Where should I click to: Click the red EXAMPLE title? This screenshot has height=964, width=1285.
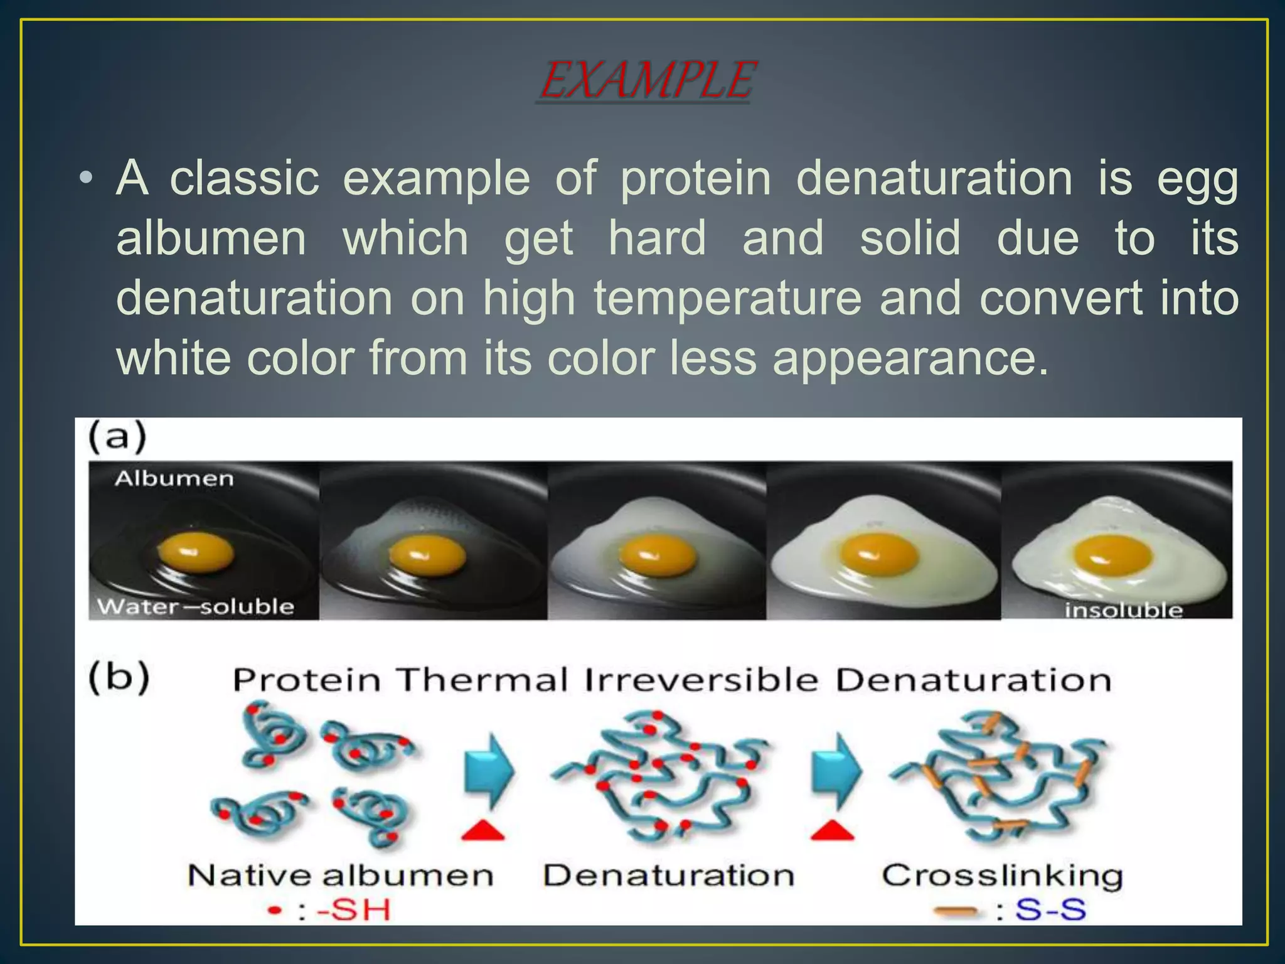tap(646, 80)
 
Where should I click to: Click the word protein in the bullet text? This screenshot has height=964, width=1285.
tap(695, 178)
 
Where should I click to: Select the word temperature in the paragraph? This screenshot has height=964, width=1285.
tap(728, 297)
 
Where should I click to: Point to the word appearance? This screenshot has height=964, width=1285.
tap(910, 358)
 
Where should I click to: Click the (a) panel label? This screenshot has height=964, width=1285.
tap(117, 437)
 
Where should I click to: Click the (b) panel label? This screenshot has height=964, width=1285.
tap(119, 677)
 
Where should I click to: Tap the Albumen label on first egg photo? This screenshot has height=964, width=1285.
tap(174, 479)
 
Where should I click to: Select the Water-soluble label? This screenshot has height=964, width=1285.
tap(196, 606)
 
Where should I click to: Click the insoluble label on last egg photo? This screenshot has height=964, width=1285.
tap(1123, 609)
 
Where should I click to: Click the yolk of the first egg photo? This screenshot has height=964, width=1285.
tap(195, 554)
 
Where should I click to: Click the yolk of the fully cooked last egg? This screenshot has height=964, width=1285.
tap(1112, 555)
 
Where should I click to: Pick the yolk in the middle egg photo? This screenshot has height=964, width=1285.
tap(658, 555)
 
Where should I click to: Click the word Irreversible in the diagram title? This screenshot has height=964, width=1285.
tap(701, 680)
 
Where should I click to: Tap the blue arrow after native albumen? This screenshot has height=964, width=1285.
tap(489, 771)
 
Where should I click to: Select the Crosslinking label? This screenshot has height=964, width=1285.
tap(1002, 876)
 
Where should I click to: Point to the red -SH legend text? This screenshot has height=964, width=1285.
tap(353, 910)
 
